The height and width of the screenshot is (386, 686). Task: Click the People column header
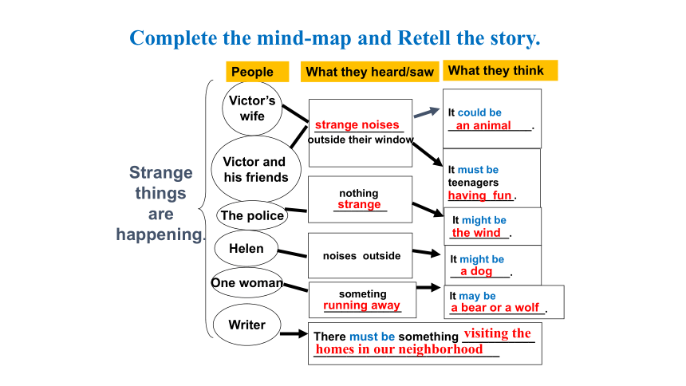coord(257,72)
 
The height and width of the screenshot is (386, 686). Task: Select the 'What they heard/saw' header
coord(369,72)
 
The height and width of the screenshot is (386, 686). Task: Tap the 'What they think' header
coord(500,70)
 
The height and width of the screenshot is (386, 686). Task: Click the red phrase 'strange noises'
coord(357,124)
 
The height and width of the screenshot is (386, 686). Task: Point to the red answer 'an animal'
coord(483,125)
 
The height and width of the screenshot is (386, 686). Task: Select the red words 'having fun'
coord(479,195)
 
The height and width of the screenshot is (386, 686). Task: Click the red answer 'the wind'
coord(476,232)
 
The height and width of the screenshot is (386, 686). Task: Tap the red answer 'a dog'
coord(476,271)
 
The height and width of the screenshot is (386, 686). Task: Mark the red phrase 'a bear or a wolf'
coord(495,308)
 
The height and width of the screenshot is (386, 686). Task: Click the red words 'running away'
coord(361,305)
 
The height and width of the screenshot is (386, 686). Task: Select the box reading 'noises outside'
coord(360,255)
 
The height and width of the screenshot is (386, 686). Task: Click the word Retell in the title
coord(424,38)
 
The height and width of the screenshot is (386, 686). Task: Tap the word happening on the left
coord(160,234)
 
